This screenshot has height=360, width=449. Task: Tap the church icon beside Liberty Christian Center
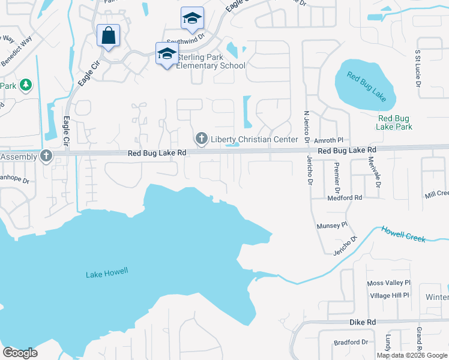201,139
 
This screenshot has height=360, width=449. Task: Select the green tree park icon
25,85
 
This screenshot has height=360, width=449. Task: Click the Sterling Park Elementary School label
210,61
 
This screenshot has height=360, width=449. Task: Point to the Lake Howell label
107,274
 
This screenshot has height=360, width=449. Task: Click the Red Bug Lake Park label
394,122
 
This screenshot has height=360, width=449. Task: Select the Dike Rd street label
363,322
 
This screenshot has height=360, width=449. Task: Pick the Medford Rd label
345,197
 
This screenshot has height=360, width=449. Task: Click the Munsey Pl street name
332,226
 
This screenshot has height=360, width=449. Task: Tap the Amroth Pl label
328,140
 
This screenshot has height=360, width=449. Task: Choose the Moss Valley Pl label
388,283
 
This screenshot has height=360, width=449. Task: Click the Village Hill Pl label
389,295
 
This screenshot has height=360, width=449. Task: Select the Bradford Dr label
351,342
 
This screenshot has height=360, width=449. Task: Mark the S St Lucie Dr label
417,65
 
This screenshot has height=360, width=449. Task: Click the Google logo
20,353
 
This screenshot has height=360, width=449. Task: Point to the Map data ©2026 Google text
412,355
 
